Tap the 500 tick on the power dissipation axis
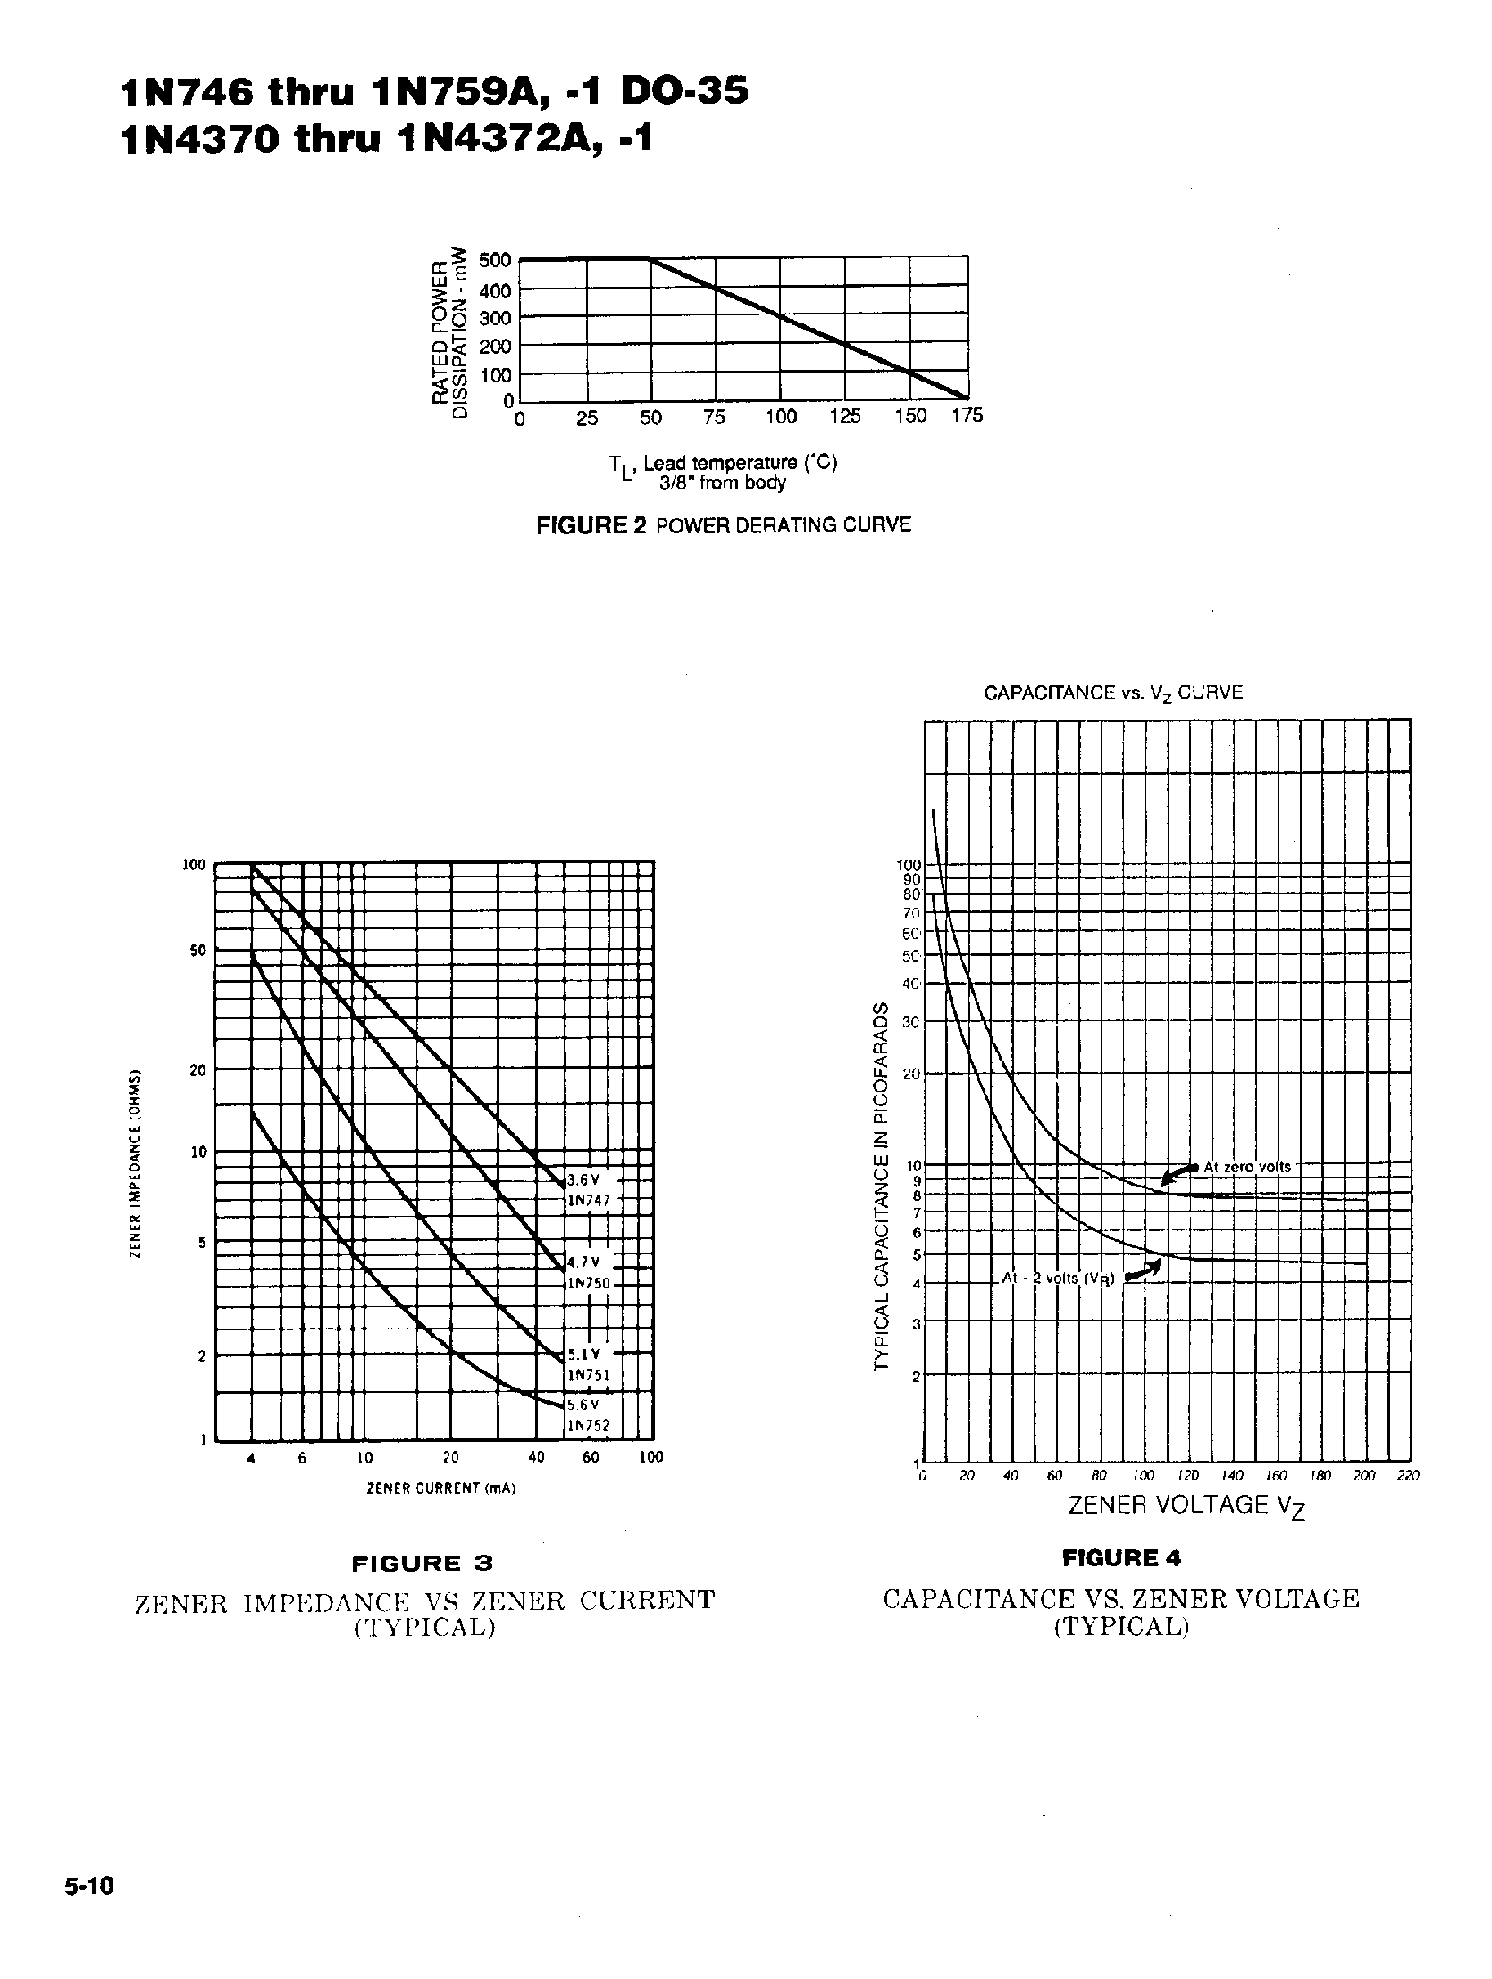[495, 260]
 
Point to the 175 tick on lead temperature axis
[967, 416]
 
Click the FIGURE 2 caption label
[591, 525]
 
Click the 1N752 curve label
[589, 1425]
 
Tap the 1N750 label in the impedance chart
[589, 1283]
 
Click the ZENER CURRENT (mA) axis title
[441, 1488]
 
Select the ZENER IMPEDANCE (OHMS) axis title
[134, 1163]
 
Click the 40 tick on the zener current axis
[536, 1456]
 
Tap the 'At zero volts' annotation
[1247, 1167]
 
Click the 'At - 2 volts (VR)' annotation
[1058, 1279]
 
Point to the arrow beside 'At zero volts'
[1179, 1174]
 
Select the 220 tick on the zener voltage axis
[1407, 1475]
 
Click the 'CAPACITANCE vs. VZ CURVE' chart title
[1112, 692]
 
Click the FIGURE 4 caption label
[1121, 1557]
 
